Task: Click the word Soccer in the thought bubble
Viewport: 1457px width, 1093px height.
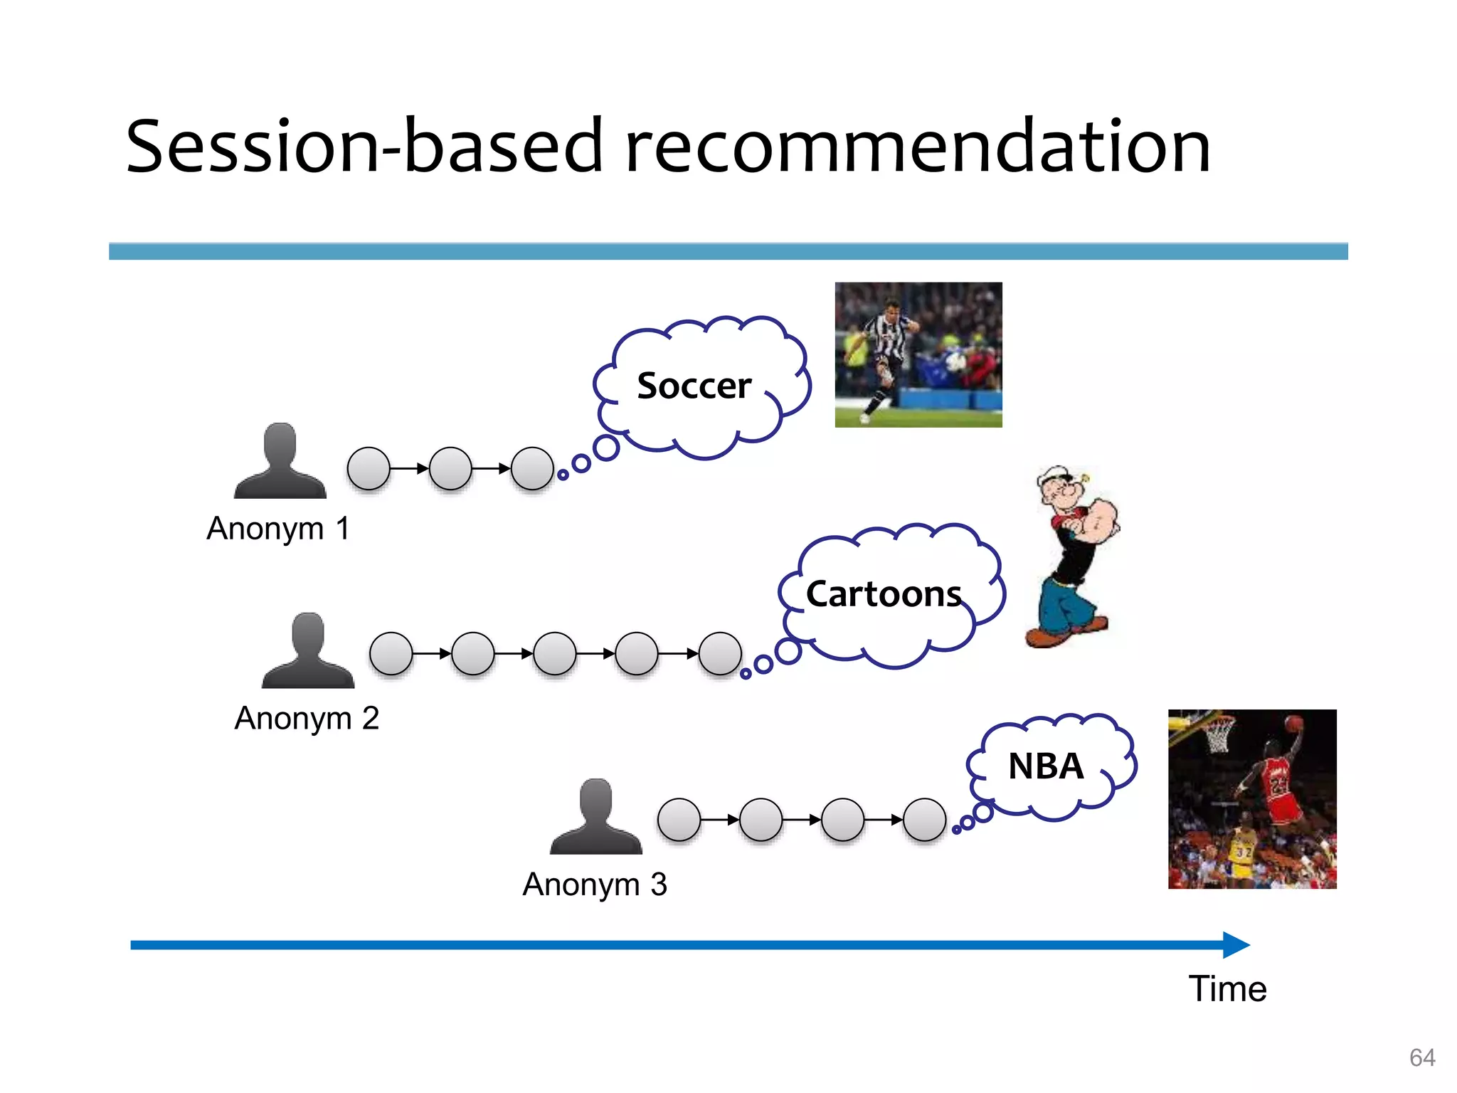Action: tap(694, 386)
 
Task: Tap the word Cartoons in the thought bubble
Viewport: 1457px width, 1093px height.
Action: tap(883, 594)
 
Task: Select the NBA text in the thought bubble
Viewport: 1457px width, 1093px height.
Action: tap(1045, 767)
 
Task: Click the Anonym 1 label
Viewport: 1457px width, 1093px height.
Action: tap(278, 529)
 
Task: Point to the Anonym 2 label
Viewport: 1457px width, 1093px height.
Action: tap(307, 719)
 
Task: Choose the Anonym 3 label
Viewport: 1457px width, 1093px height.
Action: tap(595, 885)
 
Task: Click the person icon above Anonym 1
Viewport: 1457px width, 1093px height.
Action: tap(280, 461)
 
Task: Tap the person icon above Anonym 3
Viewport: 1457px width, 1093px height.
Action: tap(595, 817)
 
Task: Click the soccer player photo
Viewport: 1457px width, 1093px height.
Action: tap(918, 354)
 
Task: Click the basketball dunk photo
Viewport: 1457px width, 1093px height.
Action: tap(1251, 798)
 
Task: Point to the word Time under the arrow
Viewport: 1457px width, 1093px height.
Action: tap(1227, 989)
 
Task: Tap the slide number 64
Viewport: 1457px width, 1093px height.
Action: tap(1421, 1057)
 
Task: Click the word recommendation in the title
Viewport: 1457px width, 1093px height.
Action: tap(918, 147)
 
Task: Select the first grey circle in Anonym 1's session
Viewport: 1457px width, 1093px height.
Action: tap(369, 468)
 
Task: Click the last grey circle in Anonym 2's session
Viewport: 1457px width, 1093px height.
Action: tap(720, 653)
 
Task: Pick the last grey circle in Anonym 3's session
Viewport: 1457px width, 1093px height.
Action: tap(924, 820)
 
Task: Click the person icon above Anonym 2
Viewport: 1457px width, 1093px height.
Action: tap(307, 650)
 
